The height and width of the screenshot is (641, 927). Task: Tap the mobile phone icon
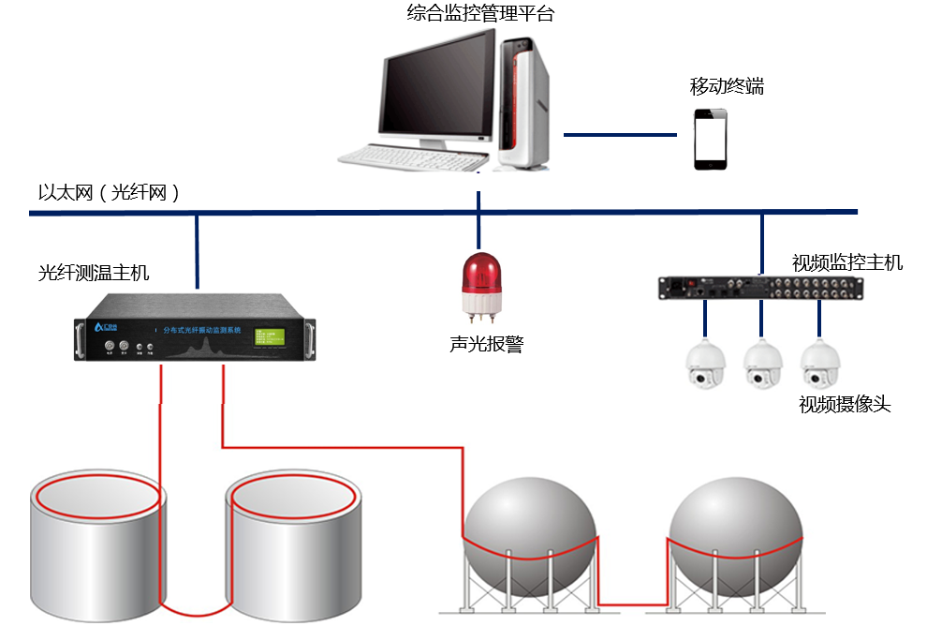(710, 139)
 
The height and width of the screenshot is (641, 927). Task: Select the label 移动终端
(727, 86)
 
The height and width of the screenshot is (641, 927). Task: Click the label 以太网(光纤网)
(109, 192)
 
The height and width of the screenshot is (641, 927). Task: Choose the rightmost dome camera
(818, 364)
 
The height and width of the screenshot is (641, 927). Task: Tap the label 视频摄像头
(845, 404)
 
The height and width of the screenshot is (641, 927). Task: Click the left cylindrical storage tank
(98, 553)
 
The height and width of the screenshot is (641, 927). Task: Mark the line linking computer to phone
(619, 135)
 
